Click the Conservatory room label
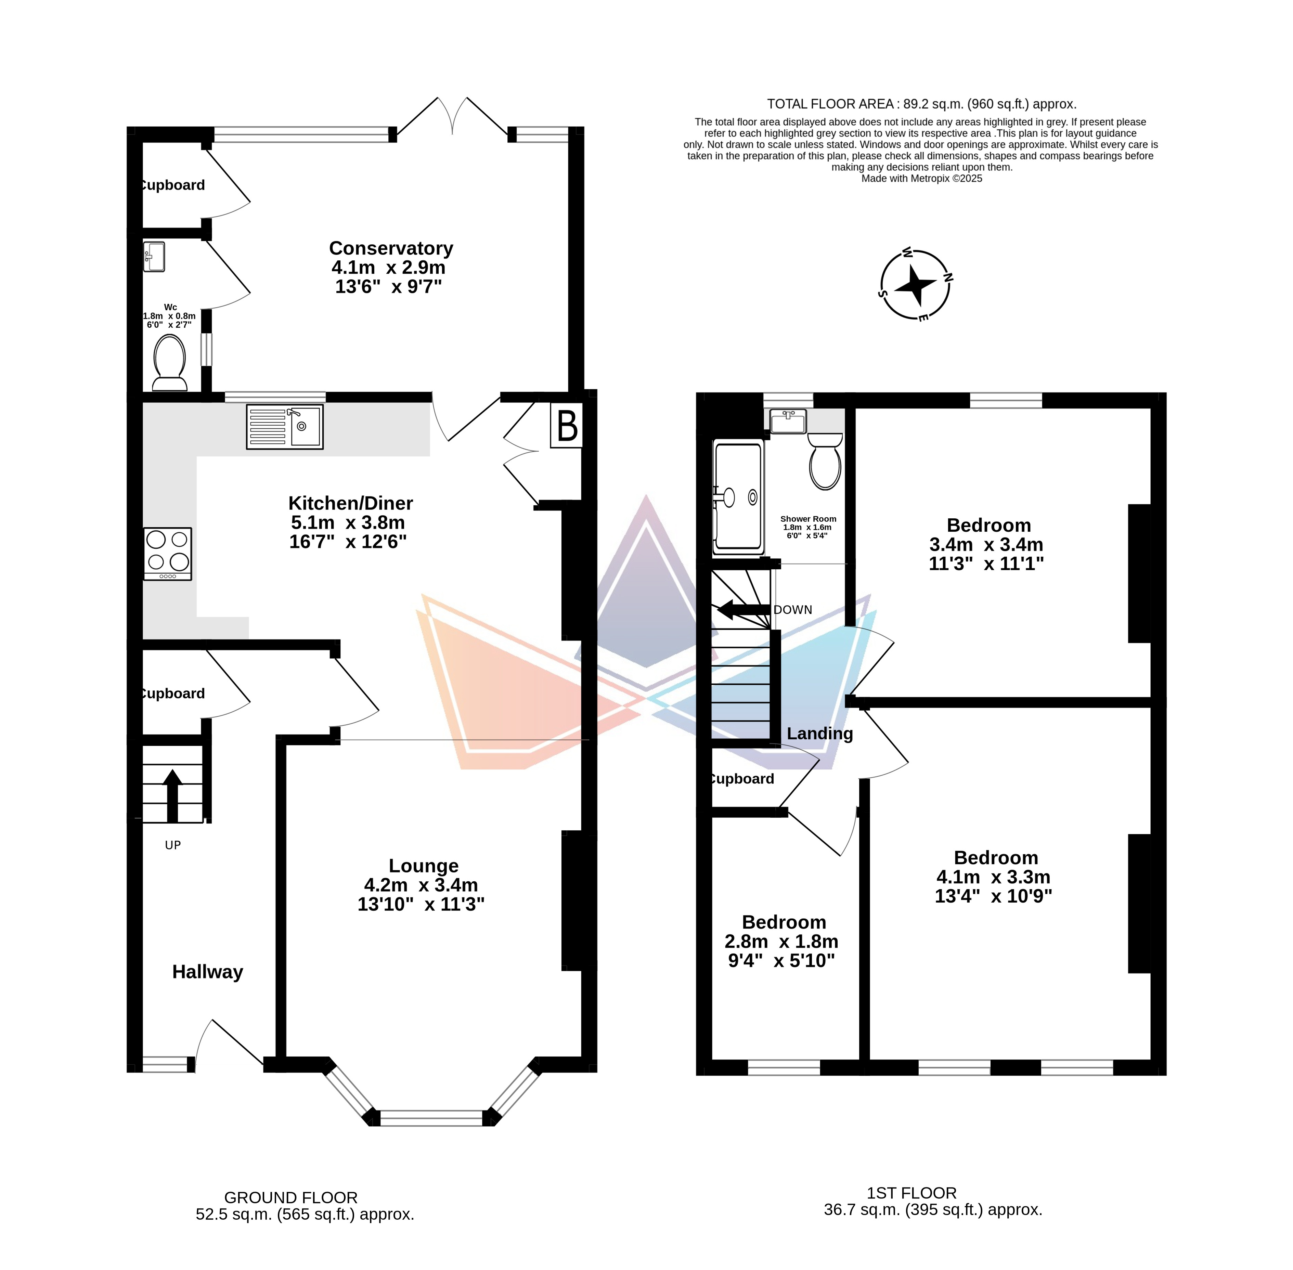[391, 248]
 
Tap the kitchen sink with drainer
[285, 426]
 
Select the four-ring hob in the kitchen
[167, 554]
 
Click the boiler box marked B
[567, 425]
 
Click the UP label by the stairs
[173, 845]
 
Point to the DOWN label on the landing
[793, 610]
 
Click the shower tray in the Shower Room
[739, 497]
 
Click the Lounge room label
[424, 866]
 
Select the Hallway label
[207, 972]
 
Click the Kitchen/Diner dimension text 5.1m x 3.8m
[348, 522]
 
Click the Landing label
[820, 734]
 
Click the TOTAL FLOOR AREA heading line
[921, 104]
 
